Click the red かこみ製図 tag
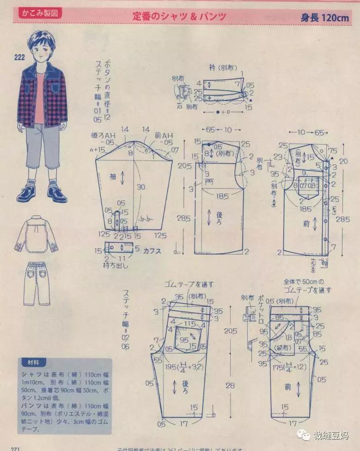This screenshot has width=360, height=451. [40, 13]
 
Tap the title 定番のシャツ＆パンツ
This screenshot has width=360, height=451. [179, 16]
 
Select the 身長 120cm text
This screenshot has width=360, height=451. [325, 18]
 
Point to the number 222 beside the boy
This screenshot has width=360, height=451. [19, 57]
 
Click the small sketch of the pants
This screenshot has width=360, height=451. [37, 283]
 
